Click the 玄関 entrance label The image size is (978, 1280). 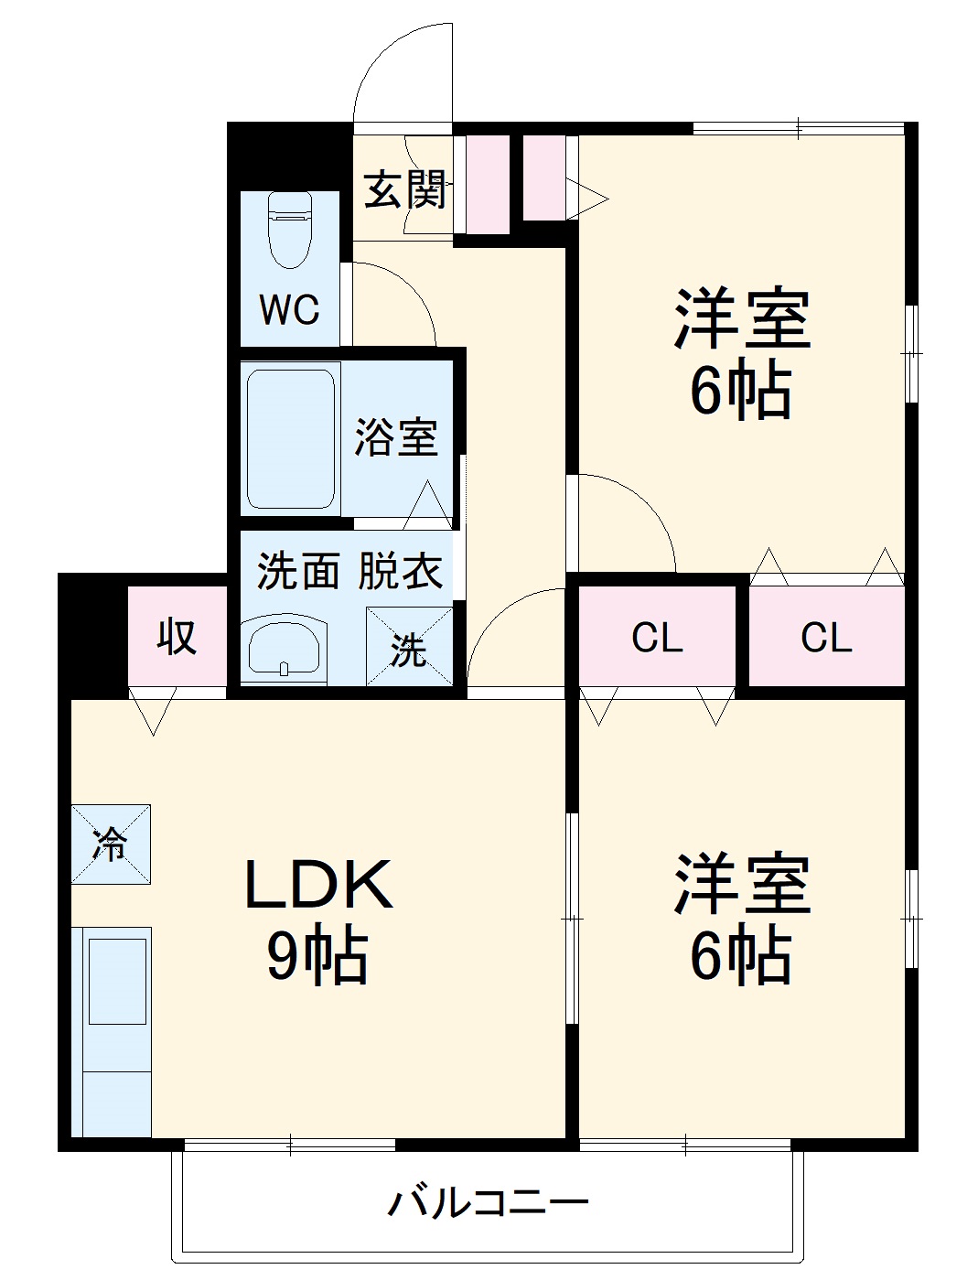click(405, 189)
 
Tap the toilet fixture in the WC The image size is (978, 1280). click(290, 228)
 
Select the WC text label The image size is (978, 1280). click(289, 310)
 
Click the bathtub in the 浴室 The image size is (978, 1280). click(290, 438)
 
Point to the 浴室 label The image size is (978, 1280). click(396, 437)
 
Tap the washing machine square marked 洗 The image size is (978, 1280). click(409, 647)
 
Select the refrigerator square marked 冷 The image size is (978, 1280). click(111, 844)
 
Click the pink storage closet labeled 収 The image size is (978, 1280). click(177, 635)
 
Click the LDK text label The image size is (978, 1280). click(317, 885)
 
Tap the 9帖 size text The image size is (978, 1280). click(317, 956)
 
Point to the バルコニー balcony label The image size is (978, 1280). click(488, 1202)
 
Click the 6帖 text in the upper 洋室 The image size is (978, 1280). click(740, 392)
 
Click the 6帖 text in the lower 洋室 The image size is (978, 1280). click(740, 956)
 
